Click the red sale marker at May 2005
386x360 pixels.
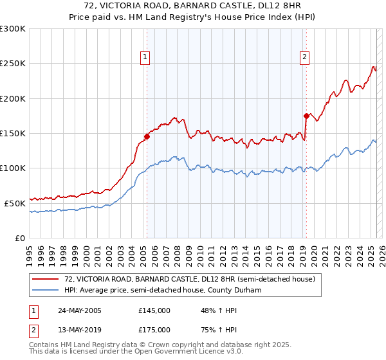click(147, 136)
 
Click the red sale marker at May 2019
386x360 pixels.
click(306, 116)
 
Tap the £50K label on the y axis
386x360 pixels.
click(15, 203)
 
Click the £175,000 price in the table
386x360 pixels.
click(154, 330)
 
